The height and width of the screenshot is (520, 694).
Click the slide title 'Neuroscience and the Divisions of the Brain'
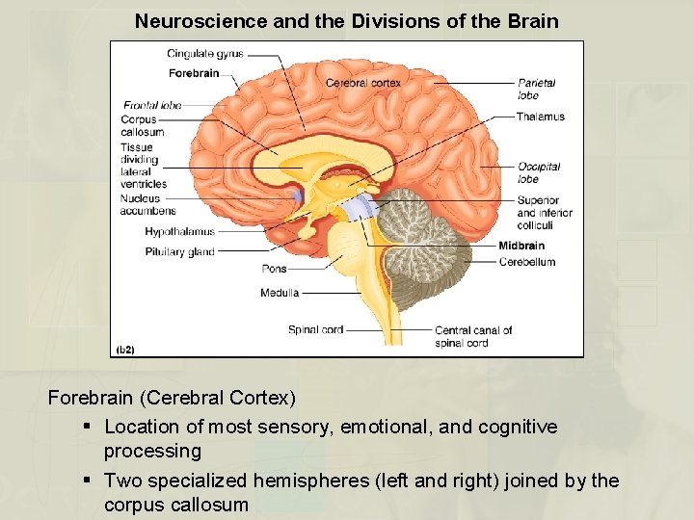click(346, 20)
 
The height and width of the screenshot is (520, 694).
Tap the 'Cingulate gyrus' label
click(204, 54)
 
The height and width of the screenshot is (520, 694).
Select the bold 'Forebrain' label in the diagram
click(194, 73)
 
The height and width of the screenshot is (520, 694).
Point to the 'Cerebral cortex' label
click(362, 83)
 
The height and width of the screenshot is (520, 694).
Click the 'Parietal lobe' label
click(536, 89)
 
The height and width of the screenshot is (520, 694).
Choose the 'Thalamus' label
click(541, 117)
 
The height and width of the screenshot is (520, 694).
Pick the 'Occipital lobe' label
click(538, 172)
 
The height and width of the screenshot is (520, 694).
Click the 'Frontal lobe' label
click(152, 105)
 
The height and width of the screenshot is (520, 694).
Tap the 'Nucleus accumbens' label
click(147, 204)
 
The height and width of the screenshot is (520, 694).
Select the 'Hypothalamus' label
click(179, 232)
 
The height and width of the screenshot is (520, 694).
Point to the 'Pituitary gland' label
click(179, 252)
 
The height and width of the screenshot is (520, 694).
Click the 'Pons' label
click(274, 269)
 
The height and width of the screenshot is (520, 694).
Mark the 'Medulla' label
click(280, 292)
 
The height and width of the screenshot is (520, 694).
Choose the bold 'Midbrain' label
click(521, 246)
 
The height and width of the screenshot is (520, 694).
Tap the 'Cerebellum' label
click(527, 261)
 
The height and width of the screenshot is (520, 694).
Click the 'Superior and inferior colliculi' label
click(545, 213)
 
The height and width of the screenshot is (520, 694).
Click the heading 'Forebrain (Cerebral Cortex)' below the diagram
click(172, 397)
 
